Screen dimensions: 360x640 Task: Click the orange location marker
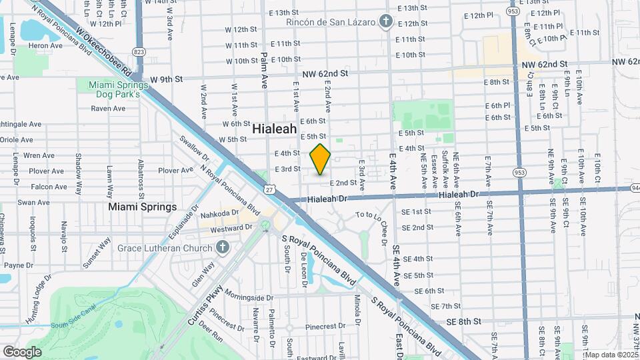[320, 159]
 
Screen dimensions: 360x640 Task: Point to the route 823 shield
[139, 51]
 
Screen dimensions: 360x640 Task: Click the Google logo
[22, 352]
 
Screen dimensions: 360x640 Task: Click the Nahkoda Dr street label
[221, 214]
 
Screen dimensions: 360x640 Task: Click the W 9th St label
[166, 79]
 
